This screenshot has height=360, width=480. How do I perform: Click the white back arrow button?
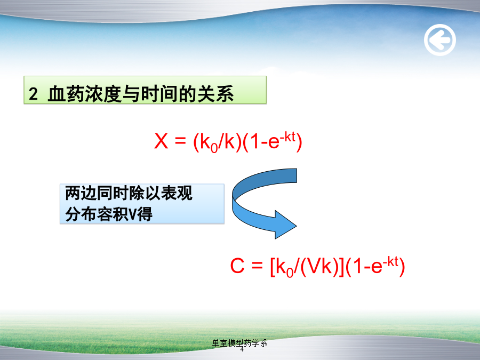[x=440, y=40]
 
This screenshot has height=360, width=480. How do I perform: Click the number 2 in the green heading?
[x=33, y=94]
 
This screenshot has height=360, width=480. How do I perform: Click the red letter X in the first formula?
[x=161, y=141]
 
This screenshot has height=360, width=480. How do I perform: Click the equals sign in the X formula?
[x=180, y=141]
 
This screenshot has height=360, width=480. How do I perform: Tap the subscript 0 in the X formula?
[x=214, y=148]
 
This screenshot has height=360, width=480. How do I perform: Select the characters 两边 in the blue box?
[x=81, y=193]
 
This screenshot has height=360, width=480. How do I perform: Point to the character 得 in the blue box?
[x=145, y=214]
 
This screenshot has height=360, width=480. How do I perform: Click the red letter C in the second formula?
[x=237, y=266]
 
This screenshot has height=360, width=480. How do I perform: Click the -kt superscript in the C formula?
[x=390, y=261]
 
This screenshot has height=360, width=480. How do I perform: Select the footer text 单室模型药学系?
[x=239, y=343]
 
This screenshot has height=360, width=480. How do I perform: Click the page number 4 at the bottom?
[x=242, y=349]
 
